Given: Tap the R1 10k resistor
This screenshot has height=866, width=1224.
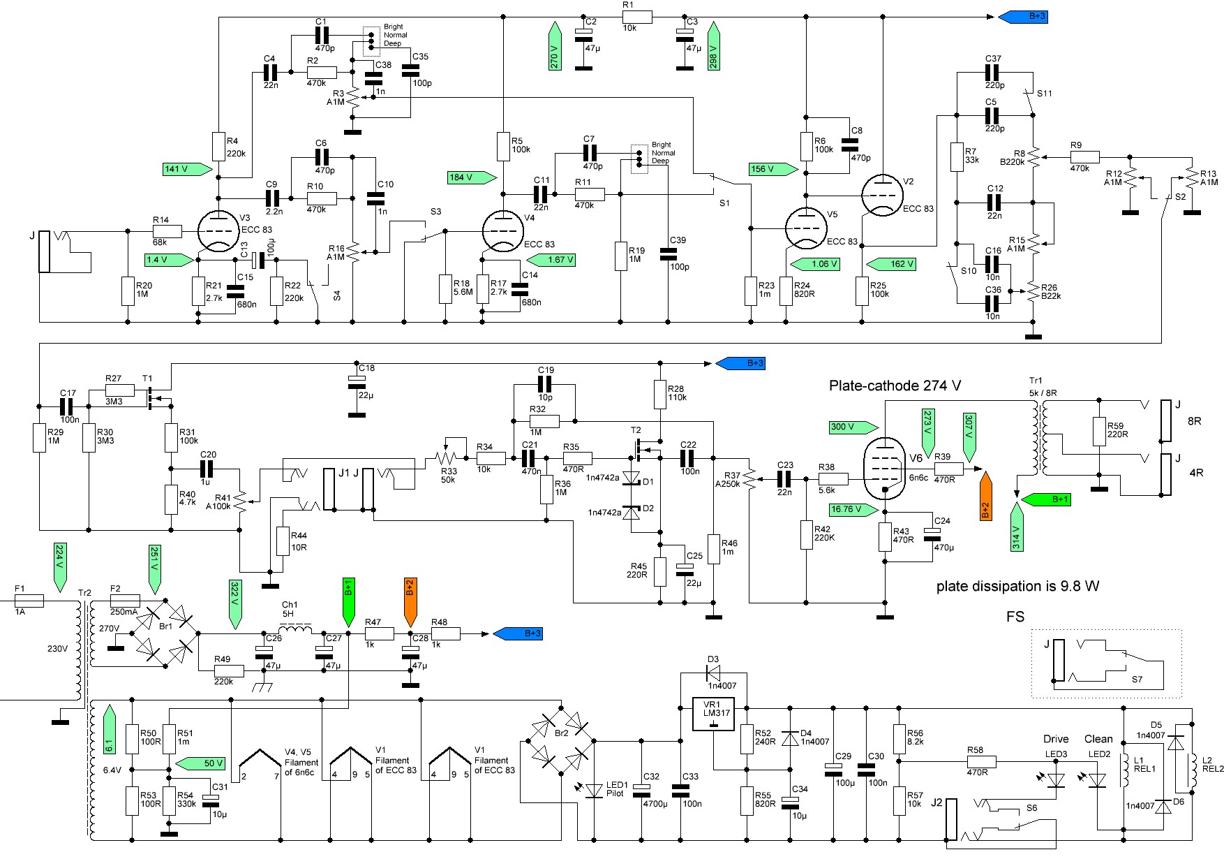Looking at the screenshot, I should tap(637, 17).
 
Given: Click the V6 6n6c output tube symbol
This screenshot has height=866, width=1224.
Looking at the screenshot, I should tap(885, 464).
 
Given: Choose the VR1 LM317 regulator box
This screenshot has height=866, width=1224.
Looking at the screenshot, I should tap(715, 714).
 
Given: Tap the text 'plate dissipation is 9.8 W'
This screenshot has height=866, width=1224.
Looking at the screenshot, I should tap(1017, 587).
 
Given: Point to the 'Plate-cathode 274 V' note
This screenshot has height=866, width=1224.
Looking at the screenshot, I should tap(895, 386).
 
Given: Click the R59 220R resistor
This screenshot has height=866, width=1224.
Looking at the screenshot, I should tap(1098, 432).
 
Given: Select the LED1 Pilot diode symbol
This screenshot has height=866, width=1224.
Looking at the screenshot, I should tap(594, 790).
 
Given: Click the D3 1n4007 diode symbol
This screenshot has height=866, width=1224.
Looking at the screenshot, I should tap(714, 673).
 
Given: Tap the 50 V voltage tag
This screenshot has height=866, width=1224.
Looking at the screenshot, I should tap(200, 763).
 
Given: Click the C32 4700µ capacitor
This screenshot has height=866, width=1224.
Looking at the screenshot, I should tap(642, 790).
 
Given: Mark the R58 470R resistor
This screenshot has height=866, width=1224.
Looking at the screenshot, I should tap(981, 761).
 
